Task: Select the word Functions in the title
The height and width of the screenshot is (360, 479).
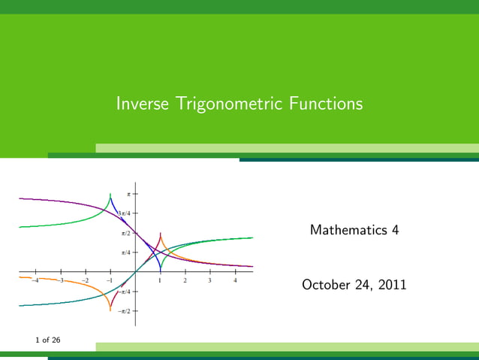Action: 326,104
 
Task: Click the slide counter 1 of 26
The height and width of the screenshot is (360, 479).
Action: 48,340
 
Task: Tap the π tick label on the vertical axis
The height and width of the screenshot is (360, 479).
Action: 128,194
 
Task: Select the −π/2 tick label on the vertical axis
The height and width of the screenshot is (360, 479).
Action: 125,310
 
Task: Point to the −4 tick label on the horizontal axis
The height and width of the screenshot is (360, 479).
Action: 35,280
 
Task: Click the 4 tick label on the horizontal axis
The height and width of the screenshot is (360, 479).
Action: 235,280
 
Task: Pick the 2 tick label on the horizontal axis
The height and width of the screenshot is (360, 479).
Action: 185,280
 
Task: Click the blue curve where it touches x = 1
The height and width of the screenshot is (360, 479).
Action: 160,271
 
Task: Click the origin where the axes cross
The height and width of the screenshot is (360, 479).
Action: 135,271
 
